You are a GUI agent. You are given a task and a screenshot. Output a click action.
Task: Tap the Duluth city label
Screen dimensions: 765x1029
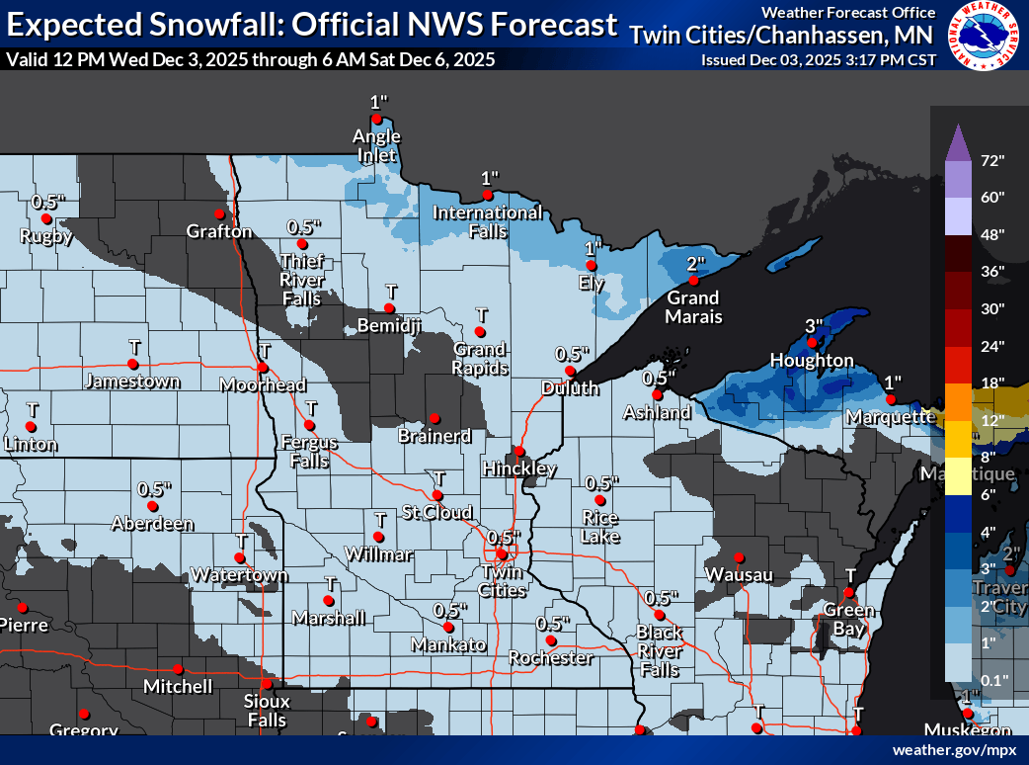[x=570, y=388]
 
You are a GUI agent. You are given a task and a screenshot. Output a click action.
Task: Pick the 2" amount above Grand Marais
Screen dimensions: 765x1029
[x=696, y=264]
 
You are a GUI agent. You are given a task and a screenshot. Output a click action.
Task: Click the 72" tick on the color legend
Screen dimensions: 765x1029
[x=991, y=160]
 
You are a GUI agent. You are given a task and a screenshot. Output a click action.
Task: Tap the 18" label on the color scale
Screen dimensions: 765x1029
[x=991, y=382]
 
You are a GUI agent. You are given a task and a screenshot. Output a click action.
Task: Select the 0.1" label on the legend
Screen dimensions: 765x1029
[x=991, y=679]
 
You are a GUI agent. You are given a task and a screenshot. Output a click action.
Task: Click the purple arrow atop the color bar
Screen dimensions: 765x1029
[x=956, y=143]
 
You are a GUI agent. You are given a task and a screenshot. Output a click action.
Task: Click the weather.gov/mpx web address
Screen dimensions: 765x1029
[x=954, y=750]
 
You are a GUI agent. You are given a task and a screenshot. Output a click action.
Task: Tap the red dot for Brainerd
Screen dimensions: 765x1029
[x=434, y=418]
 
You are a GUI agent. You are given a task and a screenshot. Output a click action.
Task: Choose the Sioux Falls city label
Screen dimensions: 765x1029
[x=266, y=711]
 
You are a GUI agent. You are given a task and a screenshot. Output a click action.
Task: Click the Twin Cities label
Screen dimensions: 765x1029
[x=502, y=581]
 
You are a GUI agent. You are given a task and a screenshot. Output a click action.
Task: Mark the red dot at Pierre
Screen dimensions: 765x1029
[x=21, y=607]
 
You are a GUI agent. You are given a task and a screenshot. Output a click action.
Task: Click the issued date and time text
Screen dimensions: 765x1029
[x=817, y=59]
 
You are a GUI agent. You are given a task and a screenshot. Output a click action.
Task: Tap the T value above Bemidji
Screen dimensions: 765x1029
[x=391, y=292]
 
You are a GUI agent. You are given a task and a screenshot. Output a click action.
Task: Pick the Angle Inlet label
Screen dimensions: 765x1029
[x=376, y=145]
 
